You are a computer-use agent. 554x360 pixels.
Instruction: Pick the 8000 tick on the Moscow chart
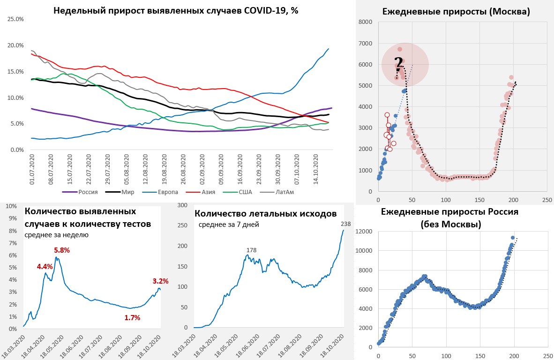[366, 22]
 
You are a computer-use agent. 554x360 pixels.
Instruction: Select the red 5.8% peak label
[61, 250]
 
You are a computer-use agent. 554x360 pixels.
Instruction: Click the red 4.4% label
[45, 267]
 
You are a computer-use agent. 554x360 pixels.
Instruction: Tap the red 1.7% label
[133, 318]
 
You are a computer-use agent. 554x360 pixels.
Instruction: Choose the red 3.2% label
[160, 281]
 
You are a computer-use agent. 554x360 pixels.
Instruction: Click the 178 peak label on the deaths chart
[251, 250]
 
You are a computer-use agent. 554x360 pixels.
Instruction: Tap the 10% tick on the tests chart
[12, 206]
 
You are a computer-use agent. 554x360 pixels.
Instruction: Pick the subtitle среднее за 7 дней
[229, 225]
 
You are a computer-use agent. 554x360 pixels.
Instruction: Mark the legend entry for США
[242, 192]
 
